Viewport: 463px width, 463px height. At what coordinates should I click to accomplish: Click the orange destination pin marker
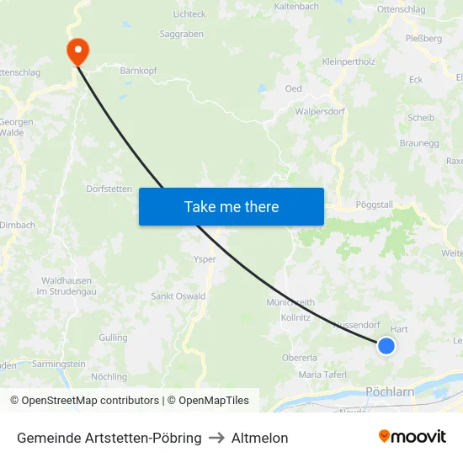point(77,51)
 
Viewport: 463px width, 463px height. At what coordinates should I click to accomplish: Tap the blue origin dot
point(386,345)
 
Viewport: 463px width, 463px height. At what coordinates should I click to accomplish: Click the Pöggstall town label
point(375,205)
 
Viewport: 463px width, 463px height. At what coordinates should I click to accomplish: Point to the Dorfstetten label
point(109,189)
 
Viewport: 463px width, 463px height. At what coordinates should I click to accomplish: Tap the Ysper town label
point(205,259)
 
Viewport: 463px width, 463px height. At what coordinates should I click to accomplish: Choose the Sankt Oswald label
point(178,296)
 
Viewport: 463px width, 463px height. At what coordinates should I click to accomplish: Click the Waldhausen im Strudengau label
point(69,285)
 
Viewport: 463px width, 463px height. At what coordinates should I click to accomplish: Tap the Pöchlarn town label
point(391,392)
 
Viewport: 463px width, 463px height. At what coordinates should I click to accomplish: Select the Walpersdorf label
point(320,111)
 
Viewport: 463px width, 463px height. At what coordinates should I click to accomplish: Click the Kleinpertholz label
point(349,61)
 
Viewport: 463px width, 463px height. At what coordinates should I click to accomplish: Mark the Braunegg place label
point(419,143)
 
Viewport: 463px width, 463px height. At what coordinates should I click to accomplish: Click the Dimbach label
point(19,225)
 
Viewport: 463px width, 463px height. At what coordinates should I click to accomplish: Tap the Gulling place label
point(113,337)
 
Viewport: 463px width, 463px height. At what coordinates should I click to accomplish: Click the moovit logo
point(412,437)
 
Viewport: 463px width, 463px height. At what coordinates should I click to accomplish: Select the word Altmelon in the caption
point(259,438)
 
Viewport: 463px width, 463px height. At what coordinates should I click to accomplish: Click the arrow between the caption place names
point(216,438)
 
